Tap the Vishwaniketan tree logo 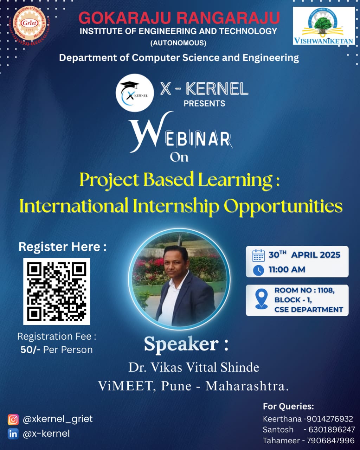coord(324,26)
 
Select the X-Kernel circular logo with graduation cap coord(135,92)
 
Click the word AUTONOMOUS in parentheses coord(178,43)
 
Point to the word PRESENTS coord(204,103)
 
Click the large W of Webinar coord(150,131)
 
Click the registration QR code coord(57,291)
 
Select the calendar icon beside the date coord(258,255)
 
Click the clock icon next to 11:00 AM coord(258,270)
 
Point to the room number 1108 coord(326,290)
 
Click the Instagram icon coord(13,419)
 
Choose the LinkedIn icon coord(13,434)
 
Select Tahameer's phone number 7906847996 coord(331,441)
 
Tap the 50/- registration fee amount coord(30,349)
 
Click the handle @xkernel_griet coord(58,419)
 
